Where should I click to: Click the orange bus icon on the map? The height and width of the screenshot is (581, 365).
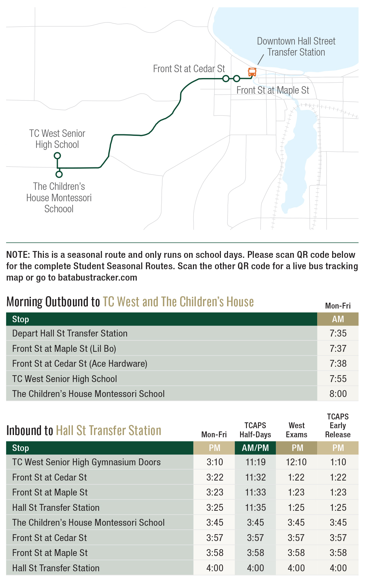point(252,72)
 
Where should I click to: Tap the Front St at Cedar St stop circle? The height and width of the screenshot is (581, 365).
point(226,78)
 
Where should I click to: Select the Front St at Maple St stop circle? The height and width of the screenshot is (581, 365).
point(237,78)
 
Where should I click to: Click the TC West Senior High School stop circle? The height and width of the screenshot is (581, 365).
point(57,156)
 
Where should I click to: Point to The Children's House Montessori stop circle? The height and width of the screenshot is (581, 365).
point(59,174)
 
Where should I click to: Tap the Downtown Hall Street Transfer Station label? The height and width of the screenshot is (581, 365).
point(296,46)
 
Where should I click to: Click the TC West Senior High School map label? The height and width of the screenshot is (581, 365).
point(57,139)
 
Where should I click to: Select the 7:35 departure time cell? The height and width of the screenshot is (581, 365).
point(338,333)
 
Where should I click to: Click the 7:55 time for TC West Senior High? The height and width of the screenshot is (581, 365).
point(338,379)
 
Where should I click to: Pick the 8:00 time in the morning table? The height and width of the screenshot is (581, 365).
point(338,394)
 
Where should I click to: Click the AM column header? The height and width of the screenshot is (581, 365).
point(338,319)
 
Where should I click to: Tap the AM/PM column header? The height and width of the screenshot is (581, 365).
point(255,448)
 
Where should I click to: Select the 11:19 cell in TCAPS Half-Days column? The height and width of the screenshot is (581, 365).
point(255,462)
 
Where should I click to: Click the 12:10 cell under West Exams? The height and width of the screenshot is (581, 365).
point(296,462)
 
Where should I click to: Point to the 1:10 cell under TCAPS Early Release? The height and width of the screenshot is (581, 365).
point(338,462)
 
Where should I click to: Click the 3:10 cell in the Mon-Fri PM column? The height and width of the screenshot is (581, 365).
point(215,462)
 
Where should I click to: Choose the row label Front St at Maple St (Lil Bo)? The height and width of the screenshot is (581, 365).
point(64,349)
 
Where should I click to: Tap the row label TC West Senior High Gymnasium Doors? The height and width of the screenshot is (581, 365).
point(86,462)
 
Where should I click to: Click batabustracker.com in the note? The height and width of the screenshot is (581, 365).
point(97,278)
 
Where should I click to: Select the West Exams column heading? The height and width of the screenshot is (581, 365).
point(296,430)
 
